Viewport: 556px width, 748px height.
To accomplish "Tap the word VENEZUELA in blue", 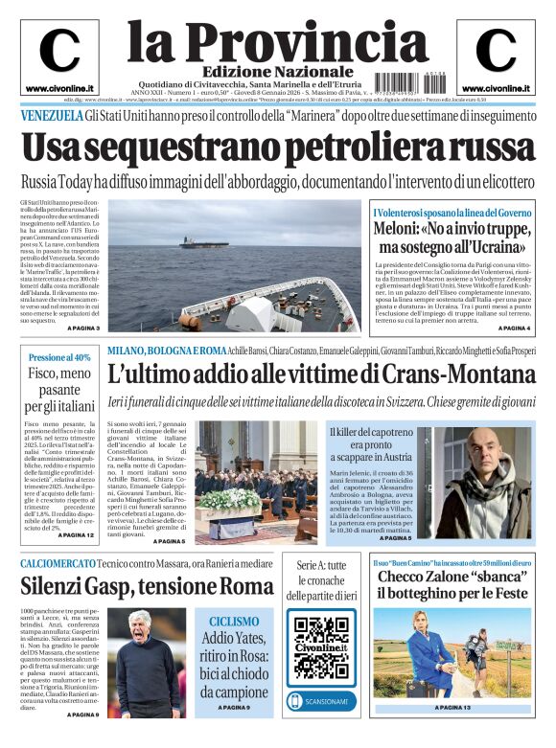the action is click(x=51, y=115).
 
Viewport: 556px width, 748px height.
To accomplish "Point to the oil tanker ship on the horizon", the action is click(x=196, y=241).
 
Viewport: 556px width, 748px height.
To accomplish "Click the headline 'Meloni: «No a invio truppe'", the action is click(x=449, y=232).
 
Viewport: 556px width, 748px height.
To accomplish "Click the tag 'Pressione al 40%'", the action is click(x=59, y=357).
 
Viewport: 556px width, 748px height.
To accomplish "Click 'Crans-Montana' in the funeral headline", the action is click(x=454, y=374).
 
